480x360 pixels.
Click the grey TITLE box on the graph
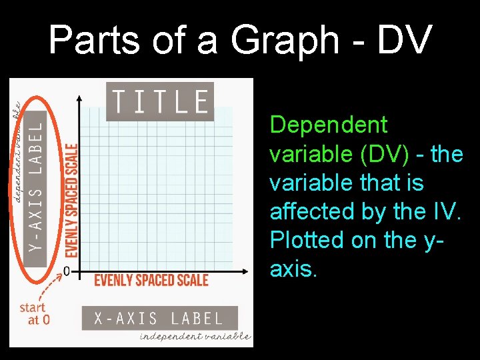tap(160, 101)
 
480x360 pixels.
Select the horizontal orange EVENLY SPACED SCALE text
tap(151, 280)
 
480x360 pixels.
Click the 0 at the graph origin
tap(67, 271)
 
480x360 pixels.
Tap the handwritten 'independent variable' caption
tap(195, 337)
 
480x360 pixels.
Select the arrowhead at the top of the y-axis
tap(81, 100)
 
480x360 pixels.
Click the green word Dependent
tap(328, 125)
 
